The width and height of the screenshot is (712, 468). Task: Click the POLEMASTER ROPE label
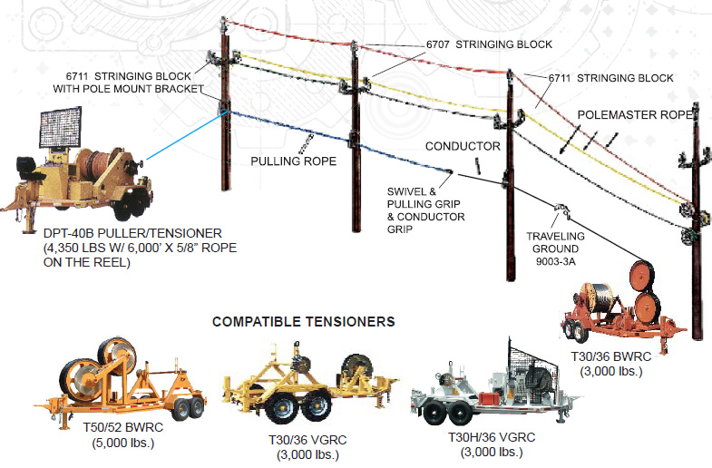636,115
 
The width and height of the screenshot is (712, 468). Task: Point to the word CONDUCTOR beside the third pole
463,146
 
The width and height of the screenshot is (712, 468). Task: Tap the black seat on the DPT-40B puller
31,167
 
